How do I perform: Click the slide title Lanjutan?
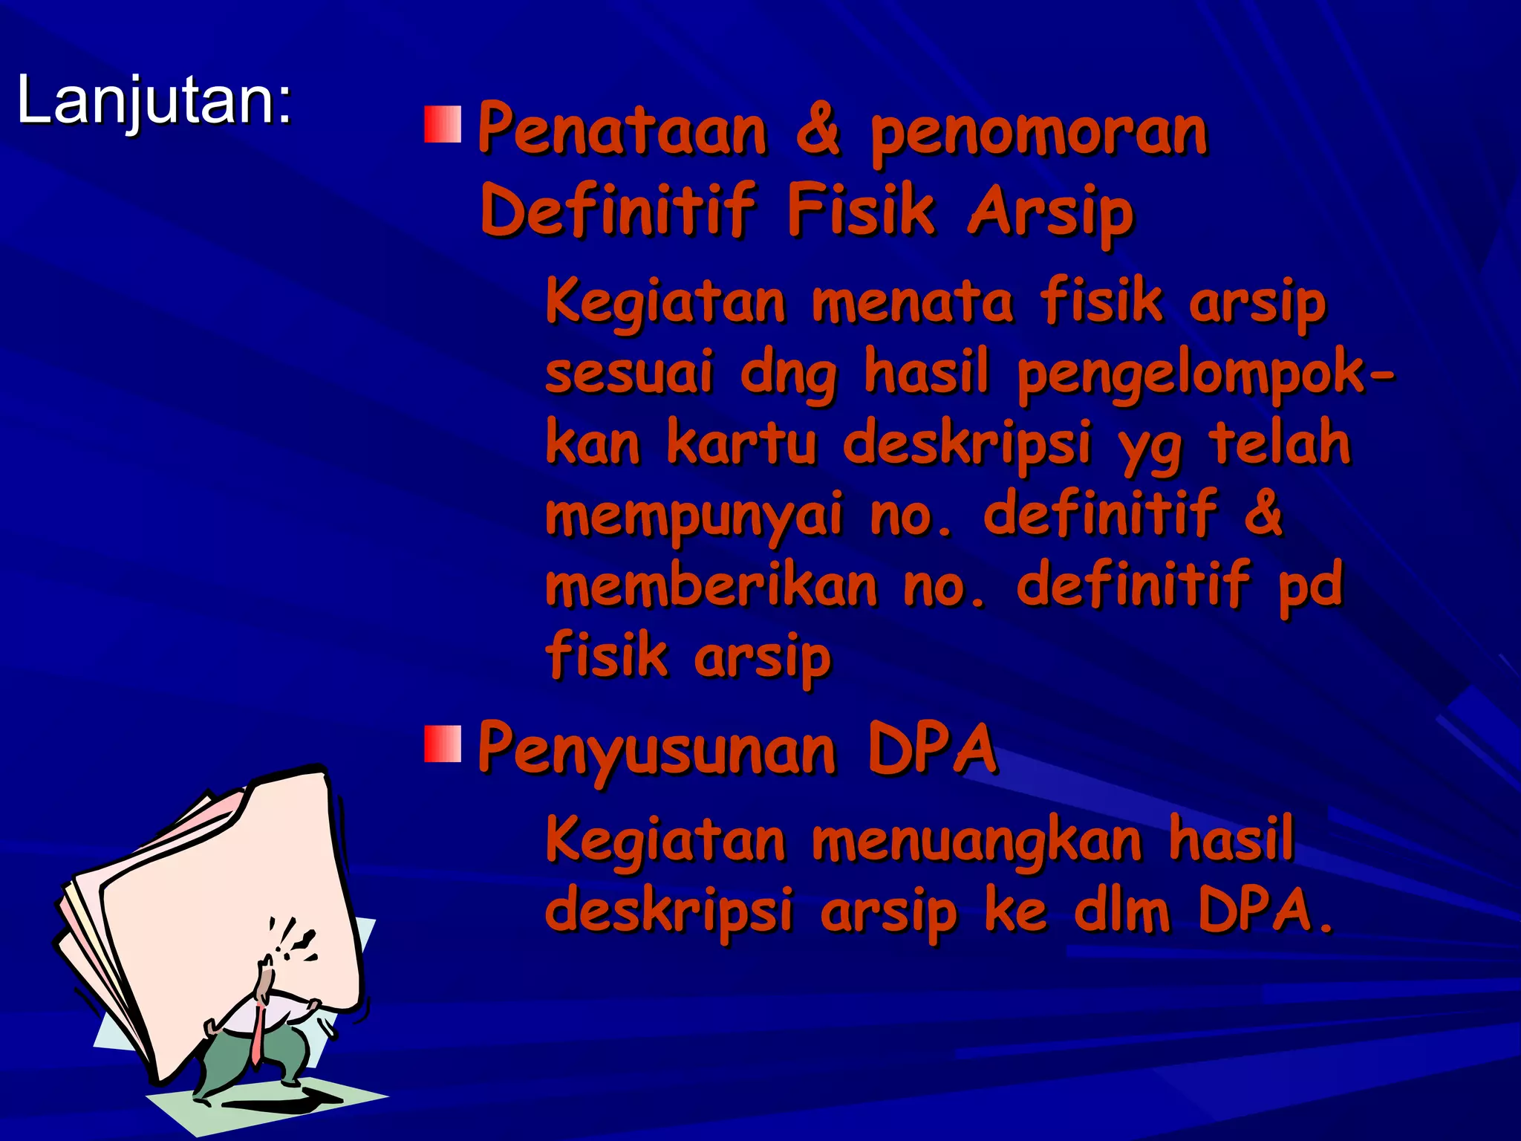[x=154, y=100]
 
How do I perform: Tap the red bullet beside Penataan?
[x=443, y=124]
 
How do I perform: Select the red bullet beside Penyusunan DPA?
[x=443, y=744]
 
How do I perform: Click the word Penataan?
[x=622, y=131]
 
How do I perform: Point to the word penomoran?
[x=1038, y=135]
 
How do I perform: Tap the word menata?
[x=912, y=303]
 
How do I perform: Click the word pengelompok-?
[x=1205, y=374]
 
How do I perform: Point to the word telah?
[x=1279, y=443]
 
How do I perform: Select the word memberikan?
[x=711, y=585]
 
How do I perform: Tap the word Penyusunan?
[x=657, y=750]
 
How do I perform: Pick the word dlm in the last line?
[x=1121, y=911]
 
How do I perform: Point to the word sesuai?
[x=628, y=373]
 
